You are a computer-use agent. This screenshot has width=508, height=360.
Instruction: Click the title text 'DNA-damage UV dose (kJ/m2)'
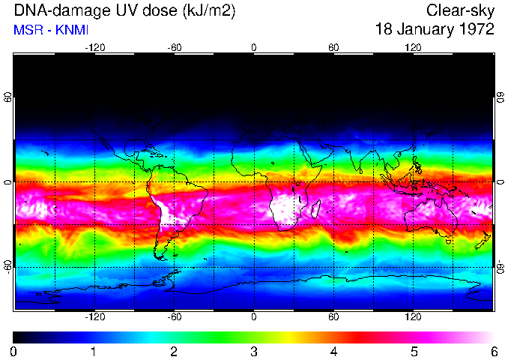(119, 11)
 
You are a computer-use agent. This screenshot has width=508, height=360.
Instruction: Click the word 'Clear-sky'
(460, 11)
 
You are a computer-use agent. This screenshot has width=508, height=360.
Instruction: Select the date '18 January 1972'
(435, 29)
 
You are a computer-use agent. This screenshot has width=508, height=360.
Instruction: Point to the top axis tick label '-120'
(94, 48)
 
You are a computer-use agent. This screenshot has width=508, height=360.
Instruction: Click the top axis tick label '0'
(254, 48)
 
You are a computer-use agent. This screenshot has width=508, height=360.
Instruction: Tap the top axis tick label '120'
(413, 48)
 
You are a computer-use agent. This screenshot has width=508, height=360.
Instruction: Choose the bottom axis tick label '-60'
(174, 317)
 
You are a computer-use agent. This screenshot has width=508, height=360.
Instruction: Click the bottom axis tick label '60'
(333, 317)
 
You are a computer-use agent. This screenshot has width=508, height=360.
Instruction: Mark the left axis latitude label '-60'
(8, 266)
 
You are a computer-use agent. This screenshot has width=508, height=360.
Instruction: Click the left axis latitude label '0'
(8, 182)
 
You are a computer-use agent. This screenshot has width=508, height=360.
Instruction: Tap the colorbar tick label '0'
(14, 351)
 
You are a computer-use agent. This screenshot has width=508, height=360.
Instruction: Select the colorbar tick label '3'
(253, 351)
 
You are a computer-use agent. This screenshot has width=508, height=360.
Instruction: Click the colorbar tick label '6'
(493, 351)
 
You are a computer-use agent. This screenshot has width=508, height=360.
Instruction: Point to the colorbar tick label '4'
(333, 351)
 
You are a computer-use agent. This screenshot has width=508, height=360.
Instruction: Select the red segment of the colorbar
(360, 337)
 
